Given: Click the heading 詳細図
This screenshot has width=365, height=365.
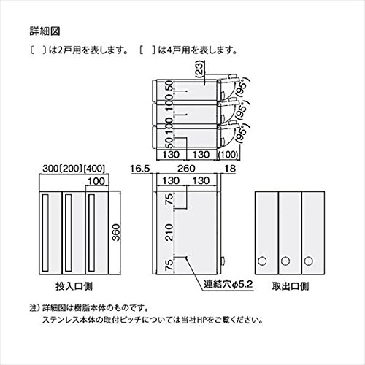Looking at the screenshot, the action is [45, 31].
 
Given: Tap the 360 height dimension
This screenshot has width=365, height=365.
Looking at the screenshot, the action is [117, 232].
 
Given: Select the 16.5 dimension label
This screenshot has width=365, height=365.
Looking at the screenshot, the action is [140, 169].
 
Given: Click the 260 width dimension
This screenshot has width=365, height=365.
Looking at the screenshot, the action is [186, 169].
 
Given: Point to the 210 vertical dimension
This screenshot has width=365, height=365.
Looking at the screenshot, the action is [169, 232].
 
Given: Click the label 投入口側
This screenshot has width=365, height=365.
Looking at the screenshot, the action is [74, 286].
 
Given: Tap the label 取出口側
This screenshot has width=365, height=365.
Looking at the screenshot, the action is [291, 286].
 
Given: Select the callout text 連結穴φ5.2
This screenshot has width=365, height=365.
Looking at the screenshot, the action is [228, 284].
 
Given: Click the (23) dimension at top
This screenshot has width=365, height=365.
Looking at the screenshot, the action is [199, 69].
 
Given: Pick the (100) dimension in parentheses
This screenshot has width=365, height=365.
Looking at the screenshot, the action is [228, 155].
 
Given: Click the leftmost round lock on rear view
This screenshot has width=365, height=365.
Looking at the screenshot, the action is [262, 261].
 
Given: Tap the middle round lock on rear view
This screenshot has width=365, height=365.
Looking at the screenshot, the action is [285, 261].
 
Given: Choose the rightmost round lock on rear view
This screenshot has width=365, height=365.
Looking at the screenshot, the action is [308, 261].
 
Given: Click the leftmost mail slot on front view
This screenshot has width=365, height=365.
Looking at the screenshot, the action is [45, 232].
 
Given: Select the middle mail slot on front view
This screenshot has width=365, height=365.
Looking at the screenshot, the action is [69, 232].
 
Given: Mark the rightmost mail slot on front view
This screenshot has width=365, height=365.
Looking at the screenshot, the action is [91, 232].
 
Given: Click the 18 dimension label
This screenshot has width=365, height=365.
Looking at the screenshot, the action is [230, 169].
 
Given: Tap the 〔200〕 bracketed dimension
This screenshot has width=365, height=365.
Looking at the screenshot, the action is [71, 169].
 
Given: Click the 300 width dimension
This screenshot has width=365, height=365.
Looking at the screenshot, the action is [50, 169].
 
